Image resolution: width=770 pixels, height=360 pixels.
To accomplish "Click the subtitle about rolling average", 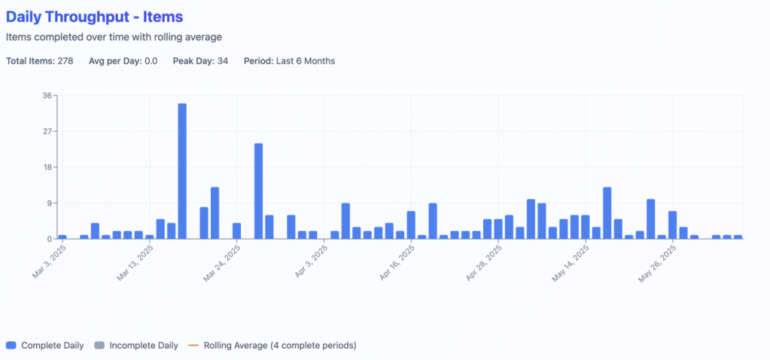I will coord(114,37).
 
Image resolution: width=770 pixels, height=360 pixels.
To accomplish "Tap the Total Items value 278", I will coord(65,61).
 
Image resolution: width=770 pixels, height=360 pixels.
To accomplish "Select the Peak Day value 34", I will coord(222,61).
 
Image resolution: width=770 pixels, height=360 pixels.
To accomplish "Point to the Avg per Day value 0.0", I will coord(151,61).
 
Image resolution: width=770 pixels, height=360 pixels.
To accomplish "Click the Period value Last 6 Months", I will coord(305,61).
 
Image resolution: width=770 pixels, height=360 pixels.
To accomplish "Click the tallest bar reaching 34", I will coord(182,171).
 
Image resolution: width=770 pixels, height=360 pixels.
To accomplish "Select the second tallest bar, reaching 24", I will coord(258,191).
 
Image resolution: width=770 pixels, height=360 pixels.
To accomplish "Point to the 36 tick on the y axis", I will coord(47,96).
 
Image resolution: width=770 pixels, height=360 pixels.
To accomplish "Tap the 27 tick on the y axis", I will coord(47,132).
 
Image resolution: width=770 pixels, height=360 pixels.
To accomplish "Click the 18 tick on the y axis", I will coord(47,167).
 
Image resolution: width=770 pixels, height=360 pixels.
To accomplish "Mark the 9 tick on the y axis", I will coord(49,203).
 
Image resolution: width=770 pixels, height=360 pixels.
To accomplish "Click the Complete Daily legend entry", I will coord(53,346).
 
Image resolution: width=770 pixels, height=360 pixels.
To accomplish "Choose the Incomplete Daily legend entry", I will coord(143,346).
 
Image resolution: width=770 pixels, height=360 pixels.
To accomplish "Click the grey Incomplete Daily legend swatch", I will coord(99,346).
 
